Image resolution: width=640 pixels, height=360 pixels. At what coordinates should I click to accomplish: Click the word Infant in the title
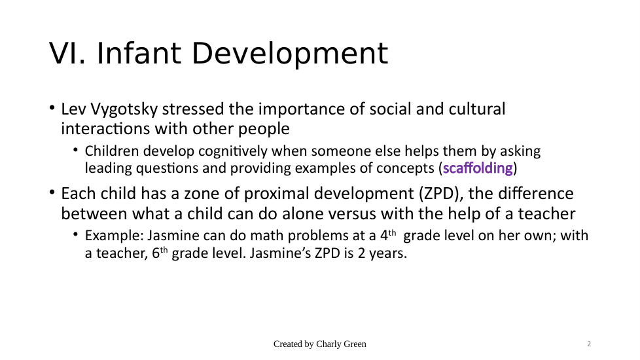[x=139, y=54]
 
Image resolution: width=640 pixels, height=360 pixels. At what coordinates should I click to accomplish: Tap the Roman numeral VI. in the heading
[x=67, y=54]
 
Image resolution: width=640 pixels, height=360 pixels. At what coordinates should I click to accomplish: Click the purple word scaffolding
[x=478, y=168]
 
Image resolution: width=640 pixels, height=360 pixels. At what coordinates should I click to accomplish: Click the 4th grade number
[x=388, y=236]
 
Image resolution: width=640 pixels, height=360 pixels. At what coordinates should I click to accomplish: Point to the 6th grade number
[x=160, y=253]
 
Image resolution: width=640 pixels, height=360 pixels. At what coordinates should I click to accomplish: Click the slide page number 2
[x=589, y=344]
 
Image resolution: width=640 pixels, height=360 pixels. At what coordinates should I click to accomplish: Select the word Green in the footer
[x=356, y=344]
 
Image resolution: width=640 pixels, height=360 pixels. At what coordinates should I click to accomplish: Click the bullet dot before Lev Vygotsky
[x=52, y=108]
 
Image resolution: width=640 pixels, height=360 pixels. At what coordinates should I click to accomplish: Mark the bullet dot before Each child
[x=52, y=192]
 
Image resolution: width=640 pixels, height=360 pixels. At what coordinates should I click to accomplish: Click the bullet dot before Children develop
[x=75, y=150]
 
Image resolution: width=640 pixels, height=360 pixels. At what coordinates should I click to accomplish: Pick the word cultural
[x=477, y=109]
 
